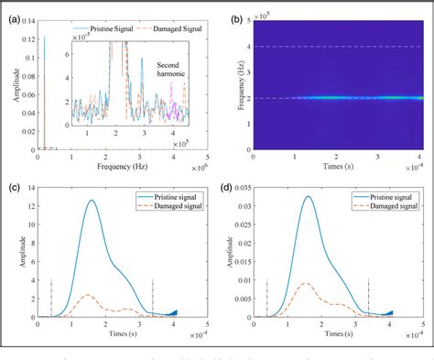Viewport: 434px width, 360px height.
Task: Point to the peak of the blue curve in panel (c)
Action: tap(116, 200)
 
